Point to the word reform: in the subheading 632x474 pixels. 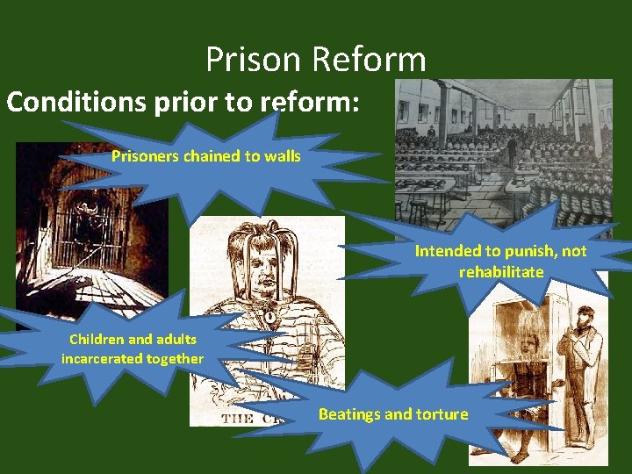310,102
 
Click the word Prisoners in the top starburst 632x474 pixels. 146,156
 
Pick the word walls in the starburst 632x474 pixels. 281,156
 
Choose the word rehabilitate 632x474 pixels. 501,272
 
